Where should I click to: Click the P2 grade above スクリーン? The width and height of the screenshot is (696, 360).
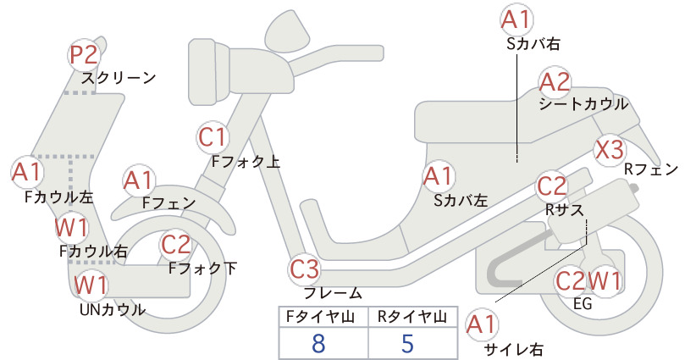coord(84,56)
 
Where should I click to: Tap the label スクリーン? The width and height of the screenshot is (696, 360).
coord(119,78)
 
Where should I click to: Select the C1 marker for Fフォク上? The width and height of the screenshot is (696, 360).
coord(213,137)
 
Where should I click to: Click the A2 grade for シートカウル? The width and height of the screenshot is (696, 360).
coord(555,82)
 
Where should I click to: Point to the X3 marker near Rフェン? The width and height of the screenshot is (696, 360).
coord(609,150)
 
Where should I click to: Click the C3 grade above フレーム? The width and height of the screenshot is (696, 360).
coord(304,269)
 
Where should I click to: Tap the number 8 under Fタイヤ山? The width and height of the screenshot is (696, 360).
coord(318,343)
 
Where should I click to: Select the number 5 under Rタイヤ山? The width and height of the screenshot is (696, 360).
coord(407,343)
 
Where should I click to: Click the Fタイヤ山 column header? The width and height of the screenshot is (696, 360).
coord(320,317)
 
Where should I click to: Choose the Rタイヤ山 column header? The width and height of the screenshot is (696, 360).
coord(412,317)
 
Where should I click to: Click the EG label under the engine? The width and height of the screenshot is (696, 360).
coord(583,304)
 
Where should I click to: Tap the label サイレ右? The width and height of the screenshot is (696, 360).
coord(514,349)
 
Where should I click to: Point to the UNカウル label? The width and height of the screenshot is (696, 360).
coord(113,309)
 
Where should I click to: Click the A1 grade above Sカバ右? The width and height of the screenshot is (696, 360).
coord(516,20)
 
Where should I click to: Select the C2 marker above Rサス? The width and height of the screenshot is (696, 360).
coord(551,186)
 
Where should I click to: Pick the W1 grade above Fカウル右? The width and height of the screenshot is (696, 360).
coord(71,228)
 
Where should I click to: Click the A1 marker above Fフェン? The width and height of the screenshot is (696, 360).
coord(139,181)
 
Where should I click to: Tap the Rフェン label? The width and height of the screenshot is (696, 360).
coord(651,169)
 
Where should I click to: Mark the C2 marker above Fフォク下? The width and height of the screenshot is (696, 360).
coord(176,245)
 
